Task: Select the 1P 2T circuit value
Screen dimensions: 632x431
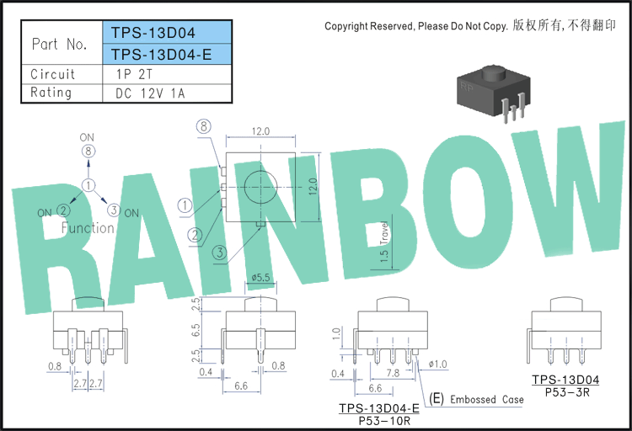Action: (135, 75)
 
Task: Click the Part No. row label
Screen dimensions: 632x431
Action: (60, 44)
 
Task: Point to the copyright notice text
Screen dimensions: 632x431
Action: (470, 26)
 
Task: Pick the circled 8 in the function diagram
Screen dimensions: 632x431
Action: (88, 152)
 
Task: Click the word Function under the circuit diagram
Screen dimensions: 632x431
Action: (88, 228)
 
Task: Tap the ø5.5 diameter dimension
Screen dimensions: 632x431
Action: (260, 277)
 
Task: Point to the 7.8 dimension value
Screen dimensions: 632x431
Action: (393, 373)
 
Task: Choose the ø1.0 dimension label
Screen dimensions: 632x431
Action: (437, 364)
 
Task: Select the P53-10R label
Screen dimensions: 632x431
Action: (384, 421)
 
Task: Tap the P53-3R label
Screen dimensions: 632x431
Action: (567, 392)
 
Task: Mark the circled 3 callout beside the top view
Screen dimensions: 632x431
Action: (220, 253)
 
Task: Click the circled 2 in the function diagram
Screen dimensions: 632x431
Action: (63, 210)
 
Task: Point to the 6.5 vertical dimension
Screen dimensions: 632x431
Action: (195, 331)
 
